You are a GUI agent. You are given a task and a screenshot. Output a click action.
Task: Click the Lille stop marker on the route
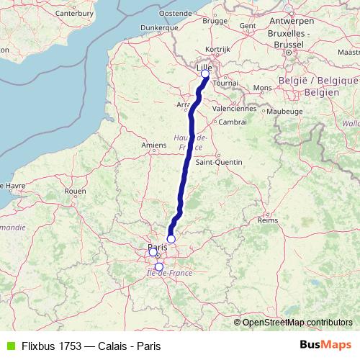click(x=204, y=73)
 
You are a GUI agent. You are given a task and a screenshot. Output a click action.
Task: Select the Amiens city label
click(x=154, y=145)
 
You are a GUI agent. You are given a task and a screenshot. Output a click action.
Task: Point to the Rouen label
click(x=75, y=191)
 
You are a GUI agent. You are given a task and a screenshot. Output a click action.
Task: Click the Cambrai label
click(x=233, y=122)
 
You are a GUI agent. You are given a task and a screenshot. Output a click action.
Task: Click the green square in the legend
click(x=10, y=345)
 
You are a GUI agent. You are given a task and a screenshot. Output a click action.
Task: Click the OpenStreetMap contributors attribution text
click(x=297, y=322)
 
